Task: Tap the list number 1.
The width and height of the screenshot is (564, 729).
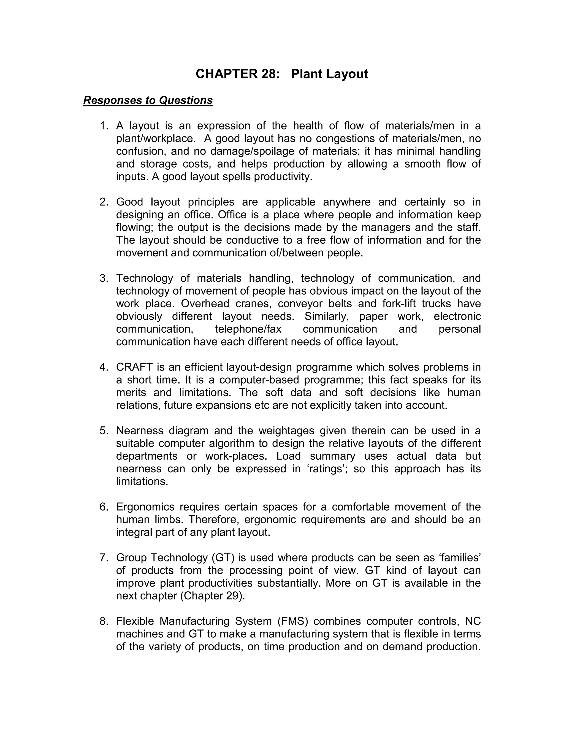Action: (104, 126)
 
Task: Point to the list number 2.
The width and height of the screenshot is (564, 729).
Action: (104, 202)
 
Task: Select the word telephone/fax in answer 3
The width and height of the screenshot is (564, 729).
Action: (248, 329)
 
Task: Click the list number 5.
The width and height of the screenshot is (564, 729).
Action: (104, 431)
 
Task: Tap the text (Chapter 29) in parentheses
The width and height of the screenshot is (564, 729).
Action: (213, 596)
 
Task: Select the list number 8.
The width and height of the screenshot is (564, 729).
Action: (104, 621)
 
